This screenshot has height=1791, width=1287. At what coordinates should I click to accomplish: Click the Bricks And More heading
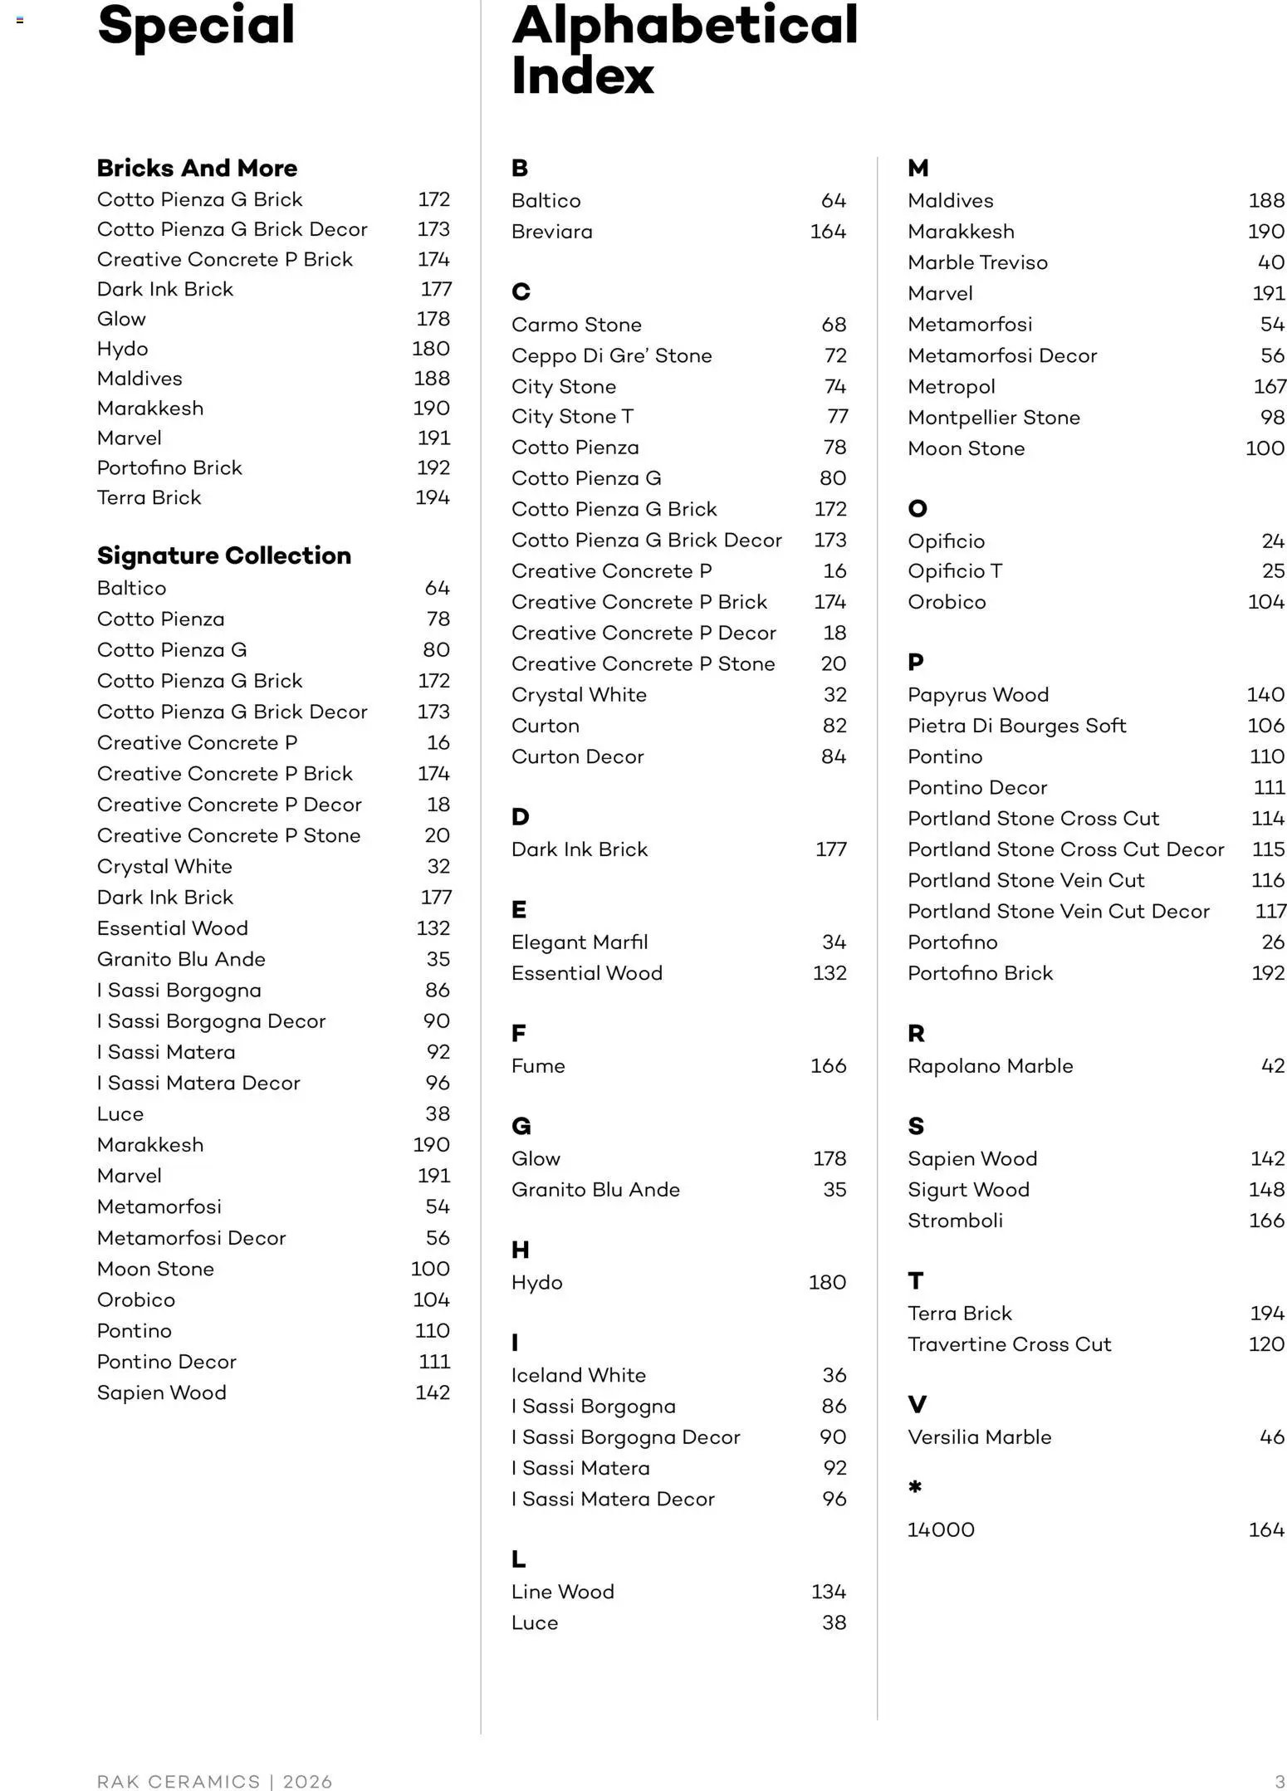(x=197, y=168)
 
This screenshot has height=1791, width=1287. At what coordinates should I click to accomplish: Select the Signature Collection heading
(x=223, y=555)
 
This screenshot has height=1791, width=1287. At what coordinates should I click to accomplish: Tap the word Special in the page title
(x=196, y=26)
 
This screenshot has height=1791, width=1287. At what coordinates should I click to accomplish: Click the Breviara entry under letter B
(x=551, y=232)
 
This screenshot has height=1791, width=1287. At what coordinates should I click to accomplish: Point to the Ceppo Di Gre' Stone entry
(x=611, y=355)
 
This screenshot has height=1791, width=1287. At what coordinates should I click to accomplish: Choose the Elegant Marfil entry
(x=580, y=942)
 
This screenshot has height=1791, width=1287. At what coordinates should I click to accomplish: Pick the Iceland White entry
(x=578, y=1375)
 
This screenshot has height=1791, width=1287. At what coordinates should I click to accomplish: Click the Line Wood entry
(x=562, y=1592)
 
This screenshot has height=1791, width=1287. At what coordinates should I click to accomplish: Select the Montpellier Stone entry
(x=993, y=418)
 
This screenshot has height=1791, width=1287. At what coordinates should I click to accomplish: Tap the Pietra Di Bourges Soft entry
(x=1016, y=726)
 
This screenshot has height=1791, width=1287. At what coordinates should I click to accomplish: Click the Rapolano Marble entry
(x=990, y=1066)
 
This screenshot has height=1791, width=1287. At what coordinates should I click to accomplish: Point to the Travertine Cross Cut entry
(x=1009, y=1344)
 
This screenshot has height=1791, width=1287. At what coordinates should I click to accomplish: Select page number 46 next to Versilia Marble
(x=1271, y=1437)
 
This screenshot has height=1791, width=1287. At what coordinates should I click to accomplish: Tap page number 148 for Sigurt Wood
(x=1266, y=1190)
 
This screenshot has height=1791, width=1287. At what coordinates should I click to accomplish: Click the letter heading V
(x=917, y=1405)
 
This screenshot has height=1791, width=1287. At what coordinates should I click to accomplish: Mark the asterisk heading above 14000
(x=915, y=1487)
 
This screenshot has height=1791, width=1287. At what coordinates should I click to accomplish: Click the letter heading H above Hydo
(x=521, y=1250)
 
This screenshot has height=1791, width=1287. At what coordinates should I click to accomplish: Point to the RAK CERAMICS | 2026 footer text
(x=214, y=1782)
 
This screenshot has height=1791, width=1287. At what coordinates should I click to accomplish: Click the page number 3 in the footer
(x=1280, y=1782)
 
